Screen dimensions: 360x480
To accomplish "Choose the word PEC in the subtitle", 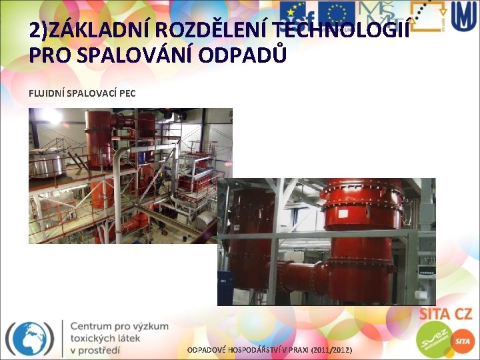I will click(127, 93).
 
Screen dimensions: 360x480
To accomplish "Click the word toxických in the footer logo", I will click(93, 338).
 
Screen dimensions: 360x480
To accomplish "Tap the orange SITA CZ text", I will click(445, 314).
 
